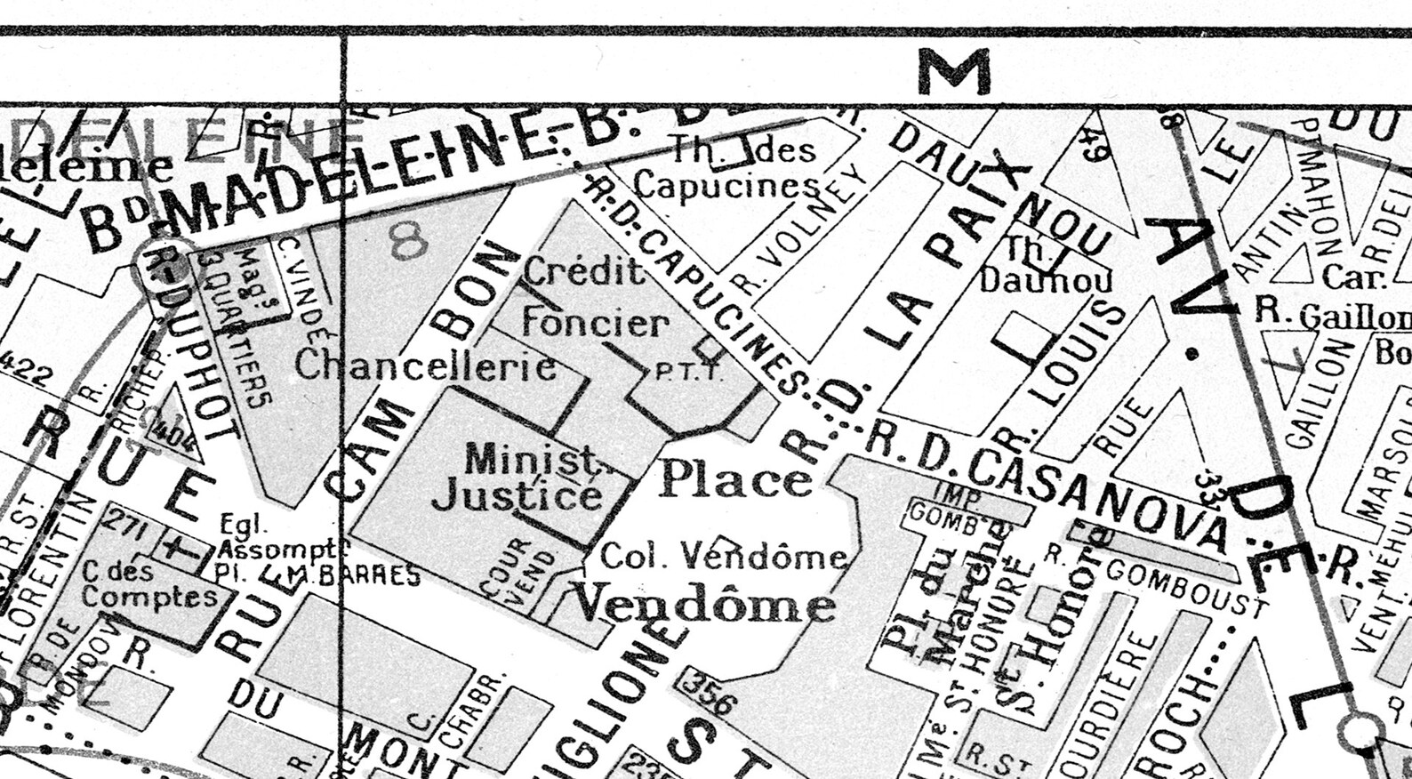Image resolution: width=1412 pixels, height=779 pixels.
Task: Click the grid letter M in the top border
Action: [x=953, y=71]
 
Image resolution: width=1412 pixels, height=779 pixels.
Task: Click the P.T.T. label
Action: [x=688, y=372]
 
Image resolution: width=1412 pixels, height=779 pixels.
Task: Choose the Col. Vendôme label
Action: [x=724, y=557]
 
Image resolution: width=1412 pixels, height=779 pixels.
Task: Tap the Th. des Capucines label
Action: [x=729, y=167]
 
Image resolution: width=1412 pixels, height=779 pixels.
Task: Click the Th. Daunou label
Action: [x=1046, y=266]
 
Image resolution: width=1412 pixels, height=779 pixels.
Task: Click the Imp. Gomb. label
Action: [x=945, y=506]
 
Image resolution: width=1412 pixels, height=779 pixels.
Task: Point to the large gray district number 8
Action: [x=408, y=240]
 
